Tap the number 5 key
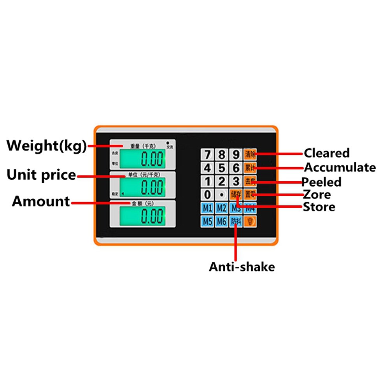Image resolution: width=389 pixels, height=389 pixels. pos(222,168)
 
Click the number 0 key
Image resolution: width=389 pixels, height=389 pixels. pos(208,194)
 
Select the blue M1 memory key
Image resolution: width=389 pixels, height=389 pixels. pos(208,208)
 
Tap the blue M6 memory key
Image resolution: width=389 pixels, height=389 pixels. pos(222,222)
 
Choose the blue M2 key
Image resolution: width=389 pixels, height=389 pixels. pos(222,208)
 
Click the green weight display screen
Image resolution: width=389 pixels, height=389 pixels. pos(142,159)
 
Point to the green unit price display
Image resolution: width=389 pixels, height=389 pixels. pos(142,187)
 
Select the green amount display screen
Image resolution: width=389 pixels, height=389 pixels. pos(142,216)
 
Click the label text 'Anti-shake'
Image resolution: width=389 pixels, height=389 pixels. pos(242,267)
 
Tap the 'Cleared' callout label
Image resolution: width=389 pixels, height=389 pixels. pos(327,153)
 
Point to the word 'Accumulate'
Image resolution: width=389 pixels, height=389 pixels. pos(340,168)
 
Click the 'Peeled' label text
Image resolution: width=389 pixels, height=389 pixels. pos(322,182)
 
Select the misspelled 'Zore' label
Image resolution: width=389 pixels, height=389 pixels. pos(317,194)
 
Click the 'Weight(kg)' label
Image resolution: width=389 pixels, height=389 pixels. pos(46,146)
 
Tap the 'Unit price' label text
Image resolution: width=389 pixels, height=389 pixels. pos(41,175)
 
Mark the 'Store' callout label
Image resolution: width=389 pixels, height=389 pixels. pos(319,207)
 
